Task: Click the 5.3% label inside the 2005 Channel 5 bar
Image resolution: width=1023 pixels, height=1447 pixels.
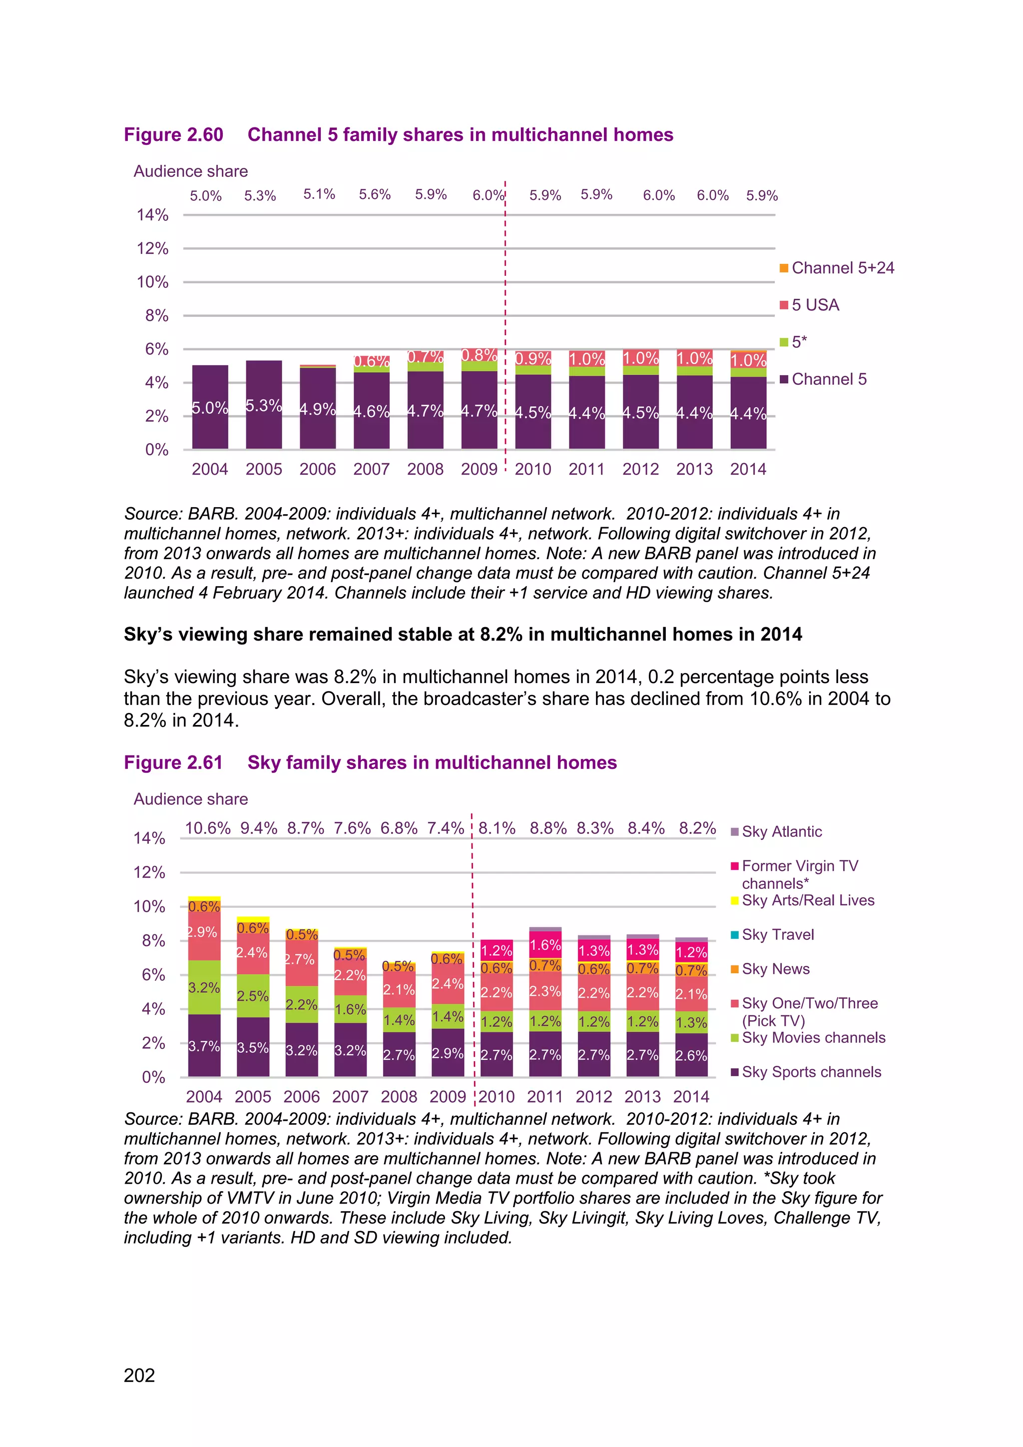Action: (263, 405)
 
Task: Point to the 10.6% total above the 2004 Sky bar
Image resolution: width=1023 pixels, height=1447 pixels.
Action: (208, 828)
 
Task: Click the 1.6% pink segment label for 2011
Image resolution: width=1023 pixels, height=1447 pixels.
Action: (545, 945)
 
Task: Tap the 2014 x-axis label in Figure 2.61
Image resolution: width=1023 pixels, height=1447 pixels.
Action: (691, 1097)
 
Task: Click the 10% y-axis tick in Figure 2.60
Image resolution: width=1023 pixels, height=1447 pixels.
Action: (152, 282)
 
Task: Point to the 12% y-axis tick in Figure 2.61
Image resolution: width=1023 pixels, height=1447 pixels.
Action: (149, 872)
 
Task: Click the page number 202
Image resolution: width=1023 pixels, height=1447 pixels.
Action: (139, 1375)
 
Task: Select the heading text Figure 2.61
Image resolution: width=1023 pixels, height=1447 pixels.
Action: (173, 762)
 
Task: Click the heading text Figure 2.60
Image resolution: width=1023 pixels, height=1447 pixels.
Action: (173, 135)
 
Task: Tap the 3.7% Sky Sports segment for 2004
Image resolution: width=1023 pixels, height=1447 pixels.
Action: (204, 1046)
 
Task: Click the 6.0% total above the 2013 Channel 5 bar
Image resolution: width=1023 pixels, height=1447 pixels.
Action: (712, 195)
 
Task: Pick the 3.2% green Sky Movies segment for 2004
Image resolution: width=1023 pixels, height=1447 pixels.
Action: (204, 987)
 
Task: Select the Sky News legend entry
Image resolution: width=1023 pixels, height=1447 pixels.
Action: (775, 969)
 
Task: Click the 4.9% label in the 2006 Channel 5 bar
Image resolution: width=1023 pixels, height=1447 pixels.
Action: (318, 409)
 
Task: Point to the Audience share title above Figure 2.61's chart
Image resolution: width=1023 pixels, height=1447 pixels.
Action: (191, 799)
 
